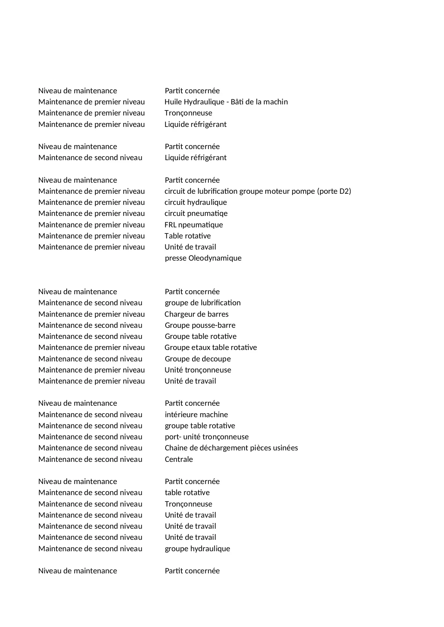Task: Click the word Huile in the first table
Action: tap(173, 102)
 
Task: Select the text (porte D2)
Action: tap(334, 191)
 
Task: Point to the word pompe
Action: tap(303, 191)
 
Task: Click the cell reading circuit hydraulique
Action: tap(196, 202)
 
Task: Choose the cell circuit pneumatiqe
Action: tap(196, 213)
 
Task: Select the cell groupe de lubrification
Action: tap(203, 303)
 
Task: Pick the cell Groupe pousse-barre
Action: tap(200, 325)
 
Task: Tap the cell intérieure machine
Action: tap(196, 415)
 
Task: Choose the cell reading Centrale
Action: tap(179, 459)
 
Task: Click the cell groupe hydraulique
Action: tap(197, 549)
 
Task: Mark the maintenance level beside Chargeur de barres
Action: tap(92, 314)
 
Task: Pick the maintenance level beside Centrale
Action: tap(90, 459)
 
